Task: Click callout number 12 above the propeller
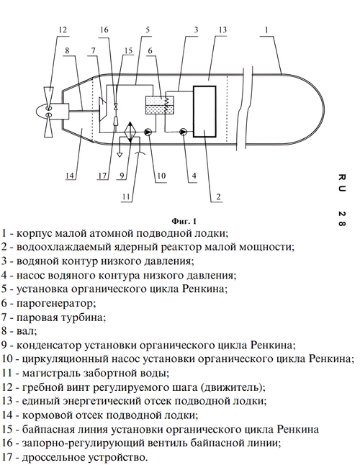[63, 30]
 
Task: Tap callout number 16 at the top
[104, 30]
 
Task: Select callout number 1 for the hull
[266, 30]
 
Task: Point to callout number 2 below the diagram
[219, 197]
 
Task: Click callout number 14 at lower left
[69, 176]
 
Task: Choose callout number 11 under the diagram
[126, 197]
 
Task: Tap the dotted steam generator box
[156, 105]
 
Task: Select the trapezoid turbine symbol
[103, 109]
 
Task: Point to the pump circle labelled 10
[148, 132]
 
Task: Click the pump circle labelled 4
[184, 132]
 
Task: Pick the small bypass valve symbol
[116, 106]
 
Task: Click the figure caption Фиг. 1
[184, 221]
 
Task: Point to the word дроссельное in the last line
[55, 457]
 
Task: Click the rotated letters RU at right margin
[341, 183]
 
